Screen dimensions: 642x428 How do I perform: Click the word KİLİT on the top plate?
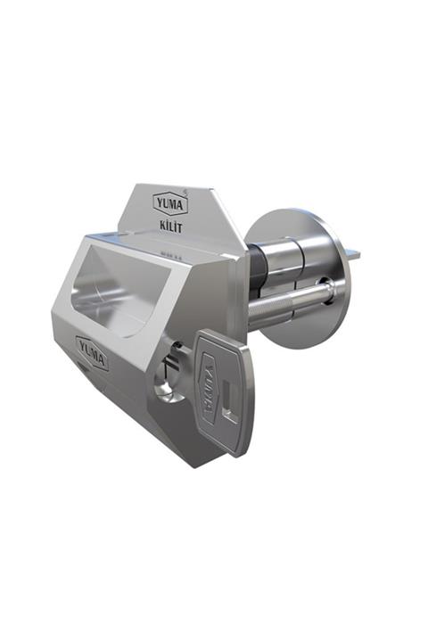pos(169,226)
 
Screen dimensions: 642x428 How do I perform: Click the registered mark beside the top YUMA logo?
pos(185,191)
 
